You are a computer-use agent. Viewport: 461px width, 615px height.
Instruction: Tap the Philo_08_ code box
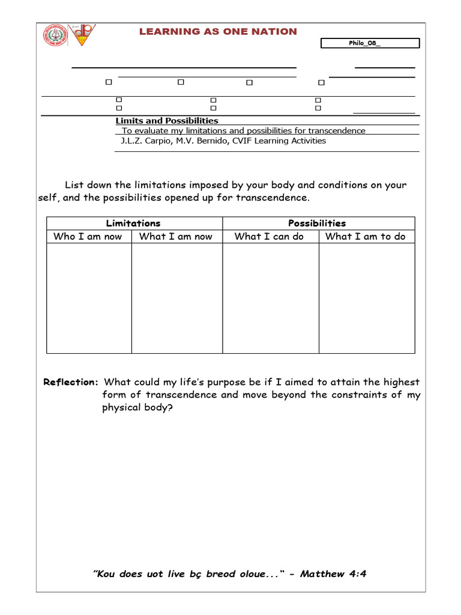(x=370, y=43)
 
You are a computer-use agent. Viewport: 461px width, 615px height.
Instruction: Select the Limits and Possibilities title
(x=167, y=121)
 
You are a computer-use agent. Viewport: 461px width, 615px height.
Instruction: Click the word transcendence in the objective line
(x=336, y=130)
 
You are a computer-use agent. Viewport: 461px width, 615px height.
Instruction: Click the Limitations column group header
(x=133, y=223)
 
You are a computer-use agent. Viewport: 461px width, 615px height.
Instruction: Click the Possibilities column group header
(x=317, y=223)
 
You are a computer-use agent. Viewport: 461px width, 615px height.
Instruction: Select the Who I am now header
(x=88, y=237)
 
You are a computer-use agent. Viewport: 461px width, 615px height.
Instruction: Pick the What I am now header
(x=175, y=237)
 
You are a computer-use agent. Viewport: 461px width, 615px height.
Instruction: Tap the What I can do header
(x=269, y=237)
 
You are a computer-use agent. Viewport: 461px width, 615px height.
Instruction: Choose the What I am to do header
(x=365, y=237)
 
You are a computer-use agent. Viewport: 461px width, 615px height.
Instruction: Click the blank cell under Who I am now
(x=89, y=298)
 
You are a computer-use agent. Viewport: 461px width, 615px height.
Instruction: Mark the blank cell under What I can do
(x=270, y=298)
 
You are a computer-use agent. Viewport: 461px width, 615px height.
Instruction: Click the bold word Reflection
(x=70, y=383)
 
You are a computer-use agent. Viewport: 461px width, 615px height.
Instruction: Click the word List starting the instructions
(x=74, y=186)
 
